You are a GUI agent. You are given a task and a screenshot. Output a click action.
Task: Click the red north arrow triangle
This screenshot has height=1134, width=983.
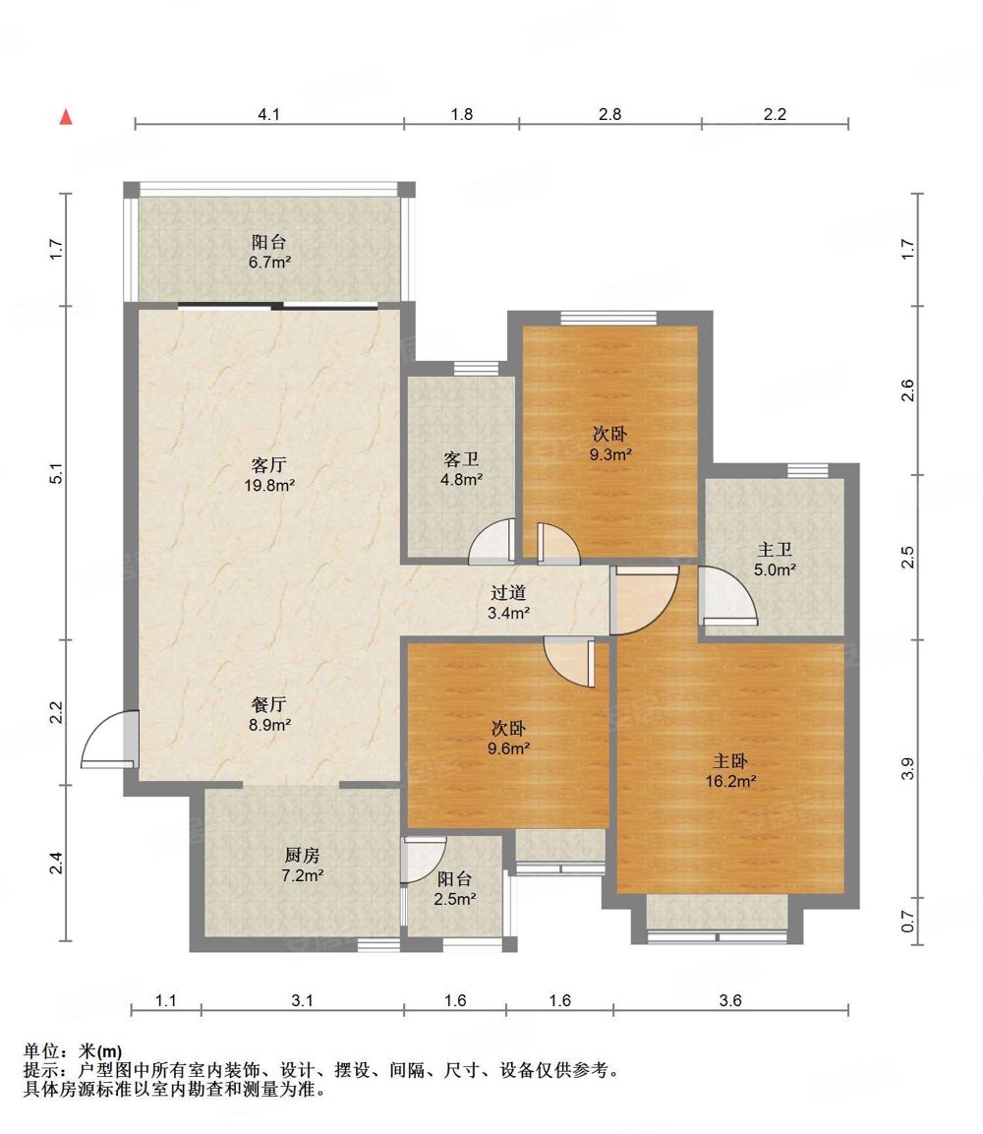(x=66, y=116)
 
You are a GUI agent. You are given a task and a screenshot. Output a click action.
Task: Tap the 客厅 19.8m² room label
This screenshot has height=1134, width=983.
(x=269, y=474)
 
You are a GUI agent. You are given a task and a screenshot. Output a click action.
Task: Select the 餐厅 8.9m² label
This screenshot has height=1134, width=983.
(x=269, y=714)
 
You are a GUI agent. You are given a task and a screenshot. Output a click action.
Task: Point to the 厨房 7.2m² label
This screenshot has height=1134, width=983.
(x=302, y=865)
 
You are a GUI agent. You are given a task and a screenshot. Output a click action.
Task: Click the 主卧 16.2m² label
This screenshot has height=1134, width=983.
(x=730, y=771)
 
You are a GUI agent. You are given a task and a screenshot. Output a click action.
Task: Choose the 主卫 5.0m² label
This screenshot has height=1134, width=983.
(x=775, y=560)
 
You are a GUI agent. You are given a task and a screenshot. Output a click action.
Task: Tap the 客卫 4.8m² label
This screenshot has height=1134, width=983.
(x=462, y=468)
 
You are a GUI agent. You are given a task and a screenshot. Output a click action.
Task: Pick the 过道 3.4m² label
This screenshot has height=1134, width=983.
(x=509, y=603)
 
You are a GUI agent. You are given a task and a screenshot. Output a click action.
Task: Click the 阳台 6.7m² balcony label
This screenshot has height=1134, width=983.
(x=269, y=252)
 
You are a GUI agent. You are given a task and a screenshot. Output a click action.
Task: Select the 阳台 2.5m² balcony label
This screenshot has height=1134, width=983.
(x=454, y=889)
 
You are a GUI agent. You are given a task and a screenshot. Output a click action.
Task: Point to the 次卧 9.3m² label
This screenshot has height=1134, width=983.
(x=610, y=444)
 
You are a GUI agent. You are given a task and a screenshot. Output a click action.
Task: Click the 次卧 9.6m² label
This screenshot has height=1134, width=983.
(x=509, y=739)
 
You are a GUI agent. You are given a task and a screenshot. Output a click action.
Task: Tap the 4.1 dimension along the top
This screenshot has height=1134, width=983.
(x=269, y=114)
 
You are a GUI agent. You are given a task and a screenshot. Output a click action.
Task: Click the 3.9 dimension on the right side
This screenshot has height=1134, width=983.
(x=908, y=768)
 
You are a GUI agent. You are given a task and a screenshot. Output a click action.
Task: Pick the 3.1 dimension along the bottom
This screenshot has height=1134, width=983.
(x=302, y=1000)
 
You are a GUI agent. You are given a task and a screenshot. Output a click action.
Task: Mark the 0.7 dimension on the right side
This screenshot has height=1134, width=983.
(x=908, y=923)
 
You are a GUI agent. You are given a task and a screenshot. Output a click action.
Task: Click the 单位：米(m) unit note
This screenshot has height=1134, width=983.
(x=73, y=1050)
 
